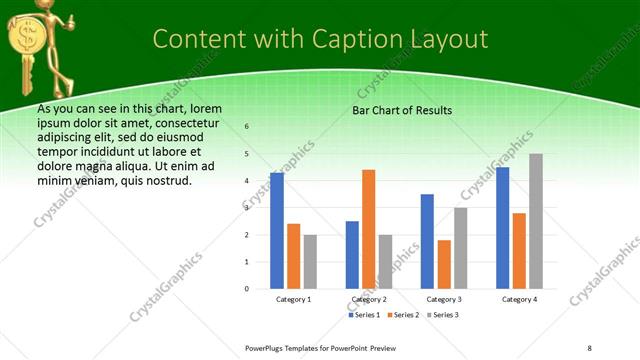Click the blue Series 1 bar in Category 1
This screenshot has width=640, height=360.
[x=277, y=231]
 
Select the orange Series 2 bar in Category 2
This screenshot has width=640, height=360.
[x=369, y=229]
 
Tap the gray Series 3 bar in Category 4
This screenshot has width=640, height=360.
[x=536, y=221]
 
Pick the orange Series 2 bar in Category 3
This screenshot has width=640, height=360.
[x=444, y=264]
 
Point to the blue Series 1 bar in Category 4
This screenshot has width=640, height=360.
[x=502, y=228]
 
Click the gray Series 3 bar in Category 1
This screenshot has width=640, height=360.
[x=310, y=262]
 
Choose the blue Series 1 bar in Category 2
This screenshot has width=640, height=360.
[x=352, y=255]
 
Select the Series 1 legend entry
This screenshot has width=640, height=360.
[x=365, y=315]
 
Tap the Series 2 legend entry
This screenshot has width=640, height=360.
[x=403, y=315]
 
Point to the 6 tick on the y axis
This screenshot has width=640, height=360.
[x=247, y=127]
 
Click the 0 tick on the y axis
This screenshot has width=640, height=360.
[x=247, y=289]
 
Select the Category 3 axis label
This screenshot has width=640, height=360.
[x=444, y=299]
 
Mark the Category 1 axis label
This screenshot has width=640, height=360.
[x=293, y=299]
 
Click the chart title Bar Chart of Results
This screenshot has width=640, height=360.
[x=402, y=110]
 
